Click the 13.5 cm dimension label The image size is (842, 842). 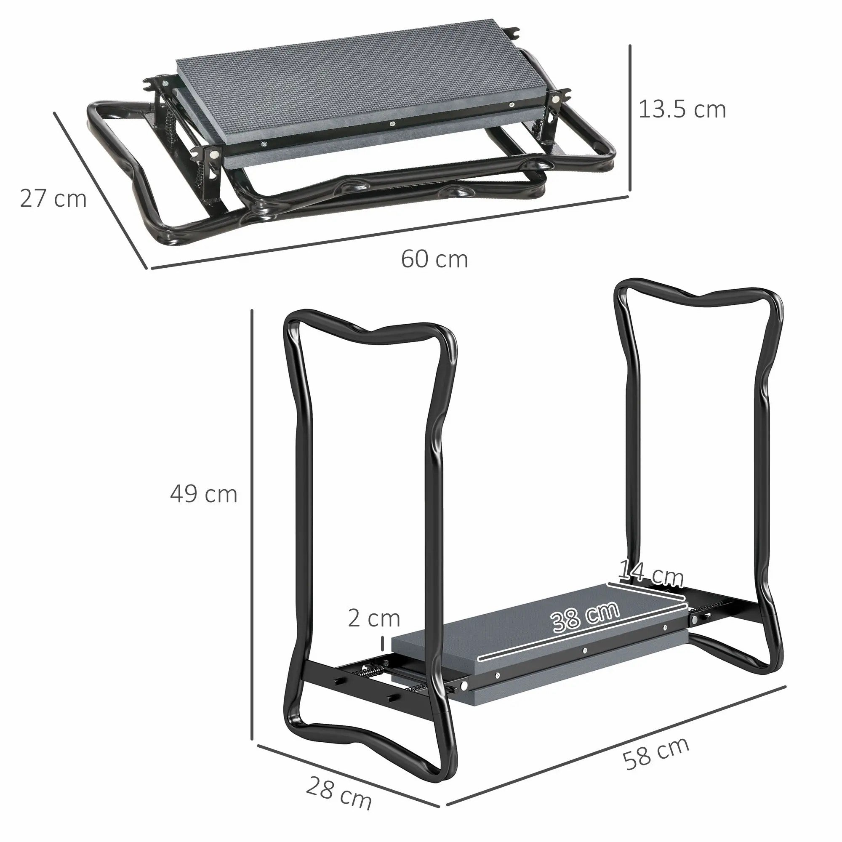point(682,109)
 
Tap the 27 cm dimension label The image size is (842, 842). point(53,199)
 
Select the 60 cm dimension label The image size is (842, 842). point(434,259)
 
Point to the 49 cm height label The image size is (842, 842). point(203,494)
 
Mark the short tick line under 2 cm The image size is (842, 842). point(383,642)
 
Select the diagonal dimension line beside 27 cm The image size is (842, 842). point(100,189)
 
